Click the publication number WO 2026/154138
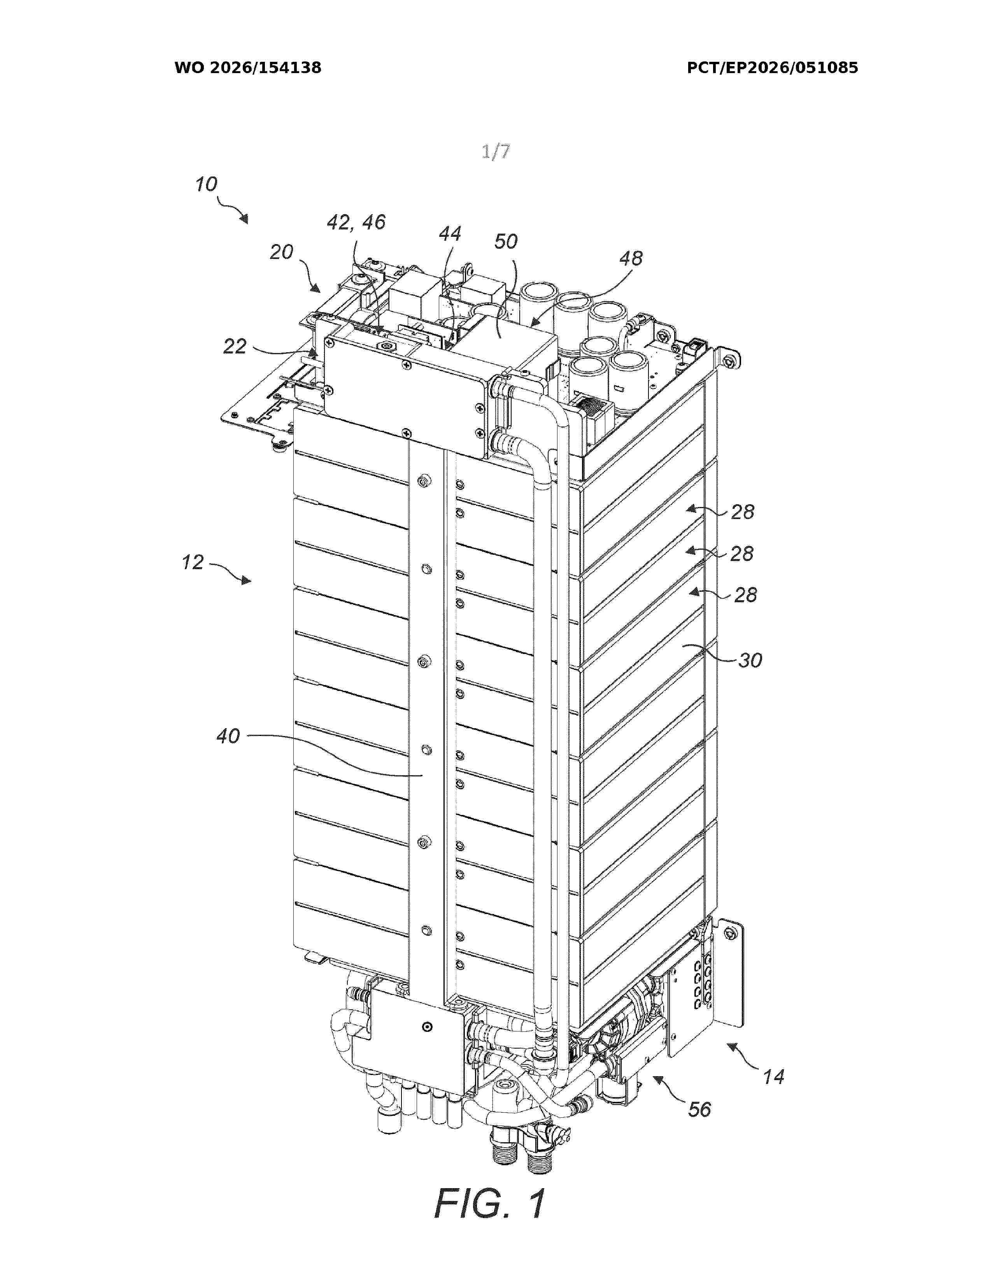[x=248, y=68]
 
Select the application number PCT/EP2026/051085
[x=772, y=68]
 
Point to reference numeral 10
[x=206, y=184]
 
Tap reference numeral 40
[x=228, y=736]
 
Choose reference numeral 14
[x=774, y=1077]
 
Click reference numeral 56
[x=699, y=1110]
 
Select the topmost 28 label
[x=742, y=512]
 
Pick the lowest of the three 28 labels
[x=746, y=595]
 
